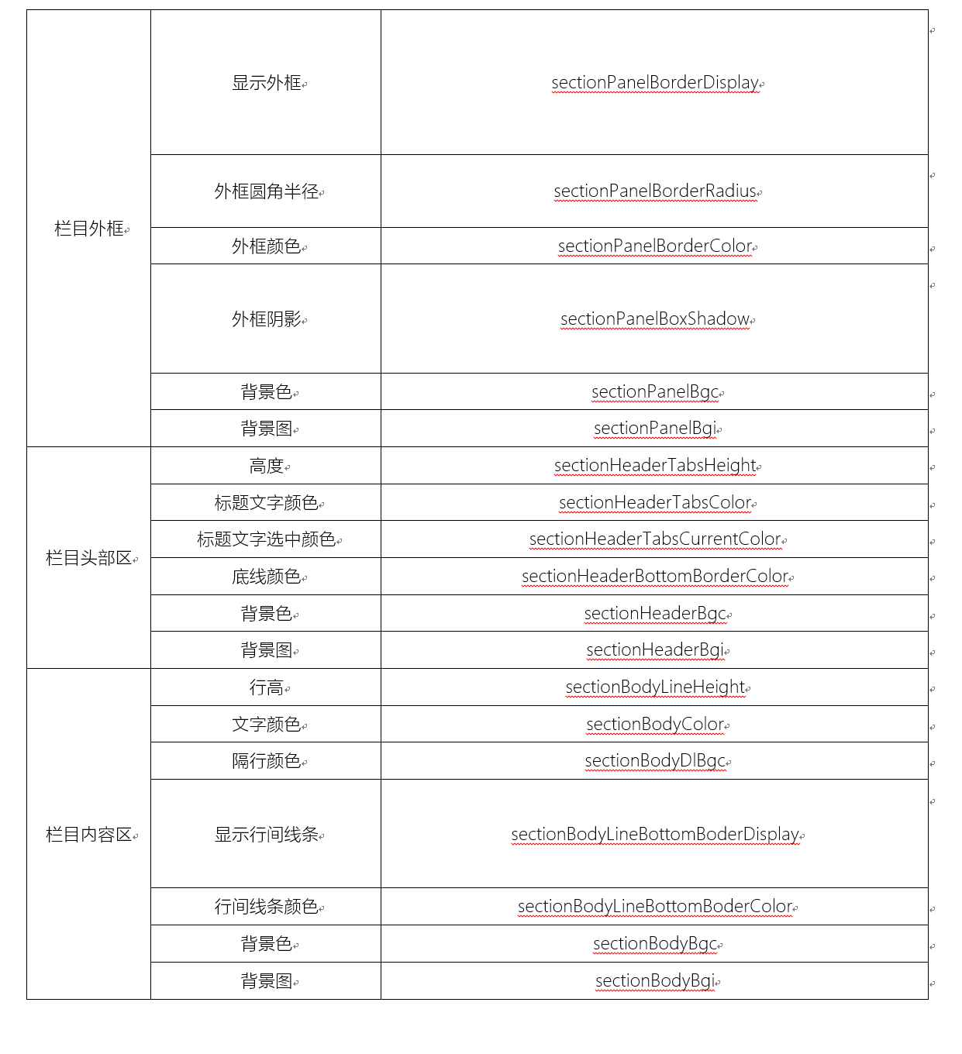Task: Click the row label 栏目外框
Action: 89,229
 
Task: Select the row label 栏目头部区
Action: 89,558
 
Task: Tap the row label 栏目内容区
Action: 89,835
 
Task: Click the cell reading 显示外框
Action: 267,83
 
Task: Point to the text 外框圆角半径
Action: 267,191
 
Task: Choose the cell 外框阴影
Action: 267,319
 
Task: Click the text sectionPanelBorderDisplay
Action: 655,83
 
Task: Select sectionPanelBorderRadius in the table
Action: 655,191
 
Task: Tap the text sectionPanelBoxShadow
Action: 655,319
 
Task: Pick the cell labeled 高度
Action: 267,466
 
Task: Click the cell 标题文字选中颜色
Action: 267,539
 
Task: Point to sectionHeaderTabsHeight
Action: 655,466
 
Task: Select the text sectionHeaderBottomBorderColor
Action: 655,577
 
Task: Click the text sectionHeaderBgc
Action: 655,614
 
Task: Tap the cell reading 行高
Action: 267,687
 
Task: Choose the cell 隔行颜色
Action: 267,761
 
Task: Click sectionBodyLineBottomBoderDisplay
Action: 655,835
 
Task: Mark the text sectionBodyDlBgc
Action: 655,761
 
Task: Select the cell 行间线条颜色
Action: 267,907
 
